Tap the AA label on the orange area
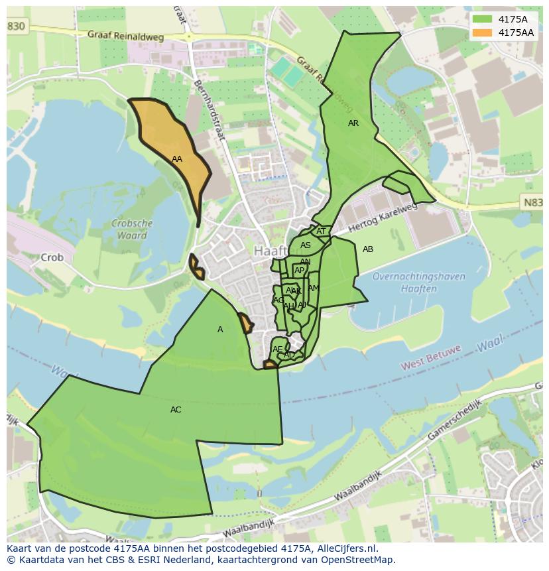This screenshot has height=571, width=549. tap(176, 159)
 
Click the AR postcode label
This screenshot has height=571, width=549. tap(353, 123)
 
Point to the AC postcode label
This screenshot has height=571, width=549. tap(176, 410)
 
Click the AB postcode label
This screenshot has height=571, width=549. tap(368, 249)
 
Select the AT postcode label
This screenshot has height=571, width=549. tap(321, 231)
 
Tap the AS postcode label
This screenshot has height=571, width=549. tap(305, 245)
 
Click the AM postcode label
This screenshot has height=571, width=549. tap(314, 288)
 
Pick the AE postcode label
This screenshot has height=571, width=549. tap(277, 349)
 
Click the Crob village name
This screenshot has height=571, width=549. tap(52, 257)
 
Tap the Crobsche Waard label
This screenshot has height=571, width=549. tap(132, 229)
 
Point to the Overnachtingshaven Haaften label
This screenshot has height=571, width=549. tap(404, 283)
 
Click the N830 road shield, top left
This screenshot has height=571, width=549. tap(16, 25)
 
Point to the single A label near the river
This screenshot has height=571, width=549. tap(220, 330)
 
